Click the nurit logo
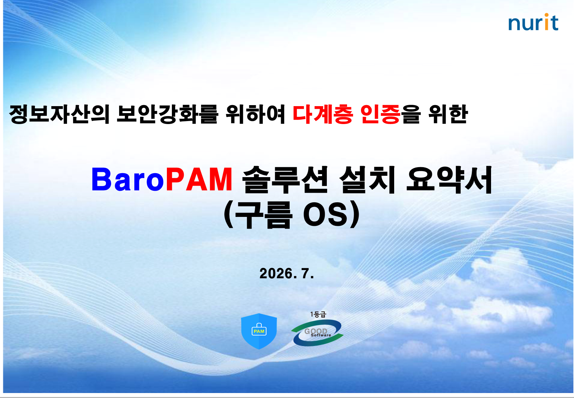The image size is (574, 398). click(x=533, y=22)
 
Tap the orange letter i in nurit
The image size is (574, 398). click(x=545, y=22)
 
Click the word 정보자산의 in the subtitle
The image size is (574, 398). click(x=59, y=114)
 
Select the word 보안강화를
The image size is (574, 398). click(x=167, y=114)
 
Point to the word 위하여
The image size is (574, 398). click(x=255, y=114)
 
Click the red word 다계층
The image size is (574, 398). click(x=323, y=114)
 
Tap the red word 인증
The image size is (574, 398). click(x=380, y=114)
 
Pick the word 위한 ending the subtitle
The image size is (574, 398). click(x=448, y=114)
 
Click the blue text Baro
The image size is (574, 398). click(x=128, y=179)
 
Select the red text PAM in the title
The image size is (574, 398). click(x=199, y=179)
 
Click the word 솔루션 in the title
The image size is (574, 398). click(x=285, y=179)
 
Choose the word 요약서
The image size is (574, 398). click(x=449, y=179)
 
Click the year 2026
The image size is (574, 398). click(x=276, y=274)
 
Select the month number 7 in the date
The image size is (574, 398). click(x=305, y=274)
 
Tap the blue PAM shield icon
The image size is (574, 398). click(x=259, y=331)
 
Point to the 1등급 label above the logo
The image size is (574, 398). click(x=318, y=314)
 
